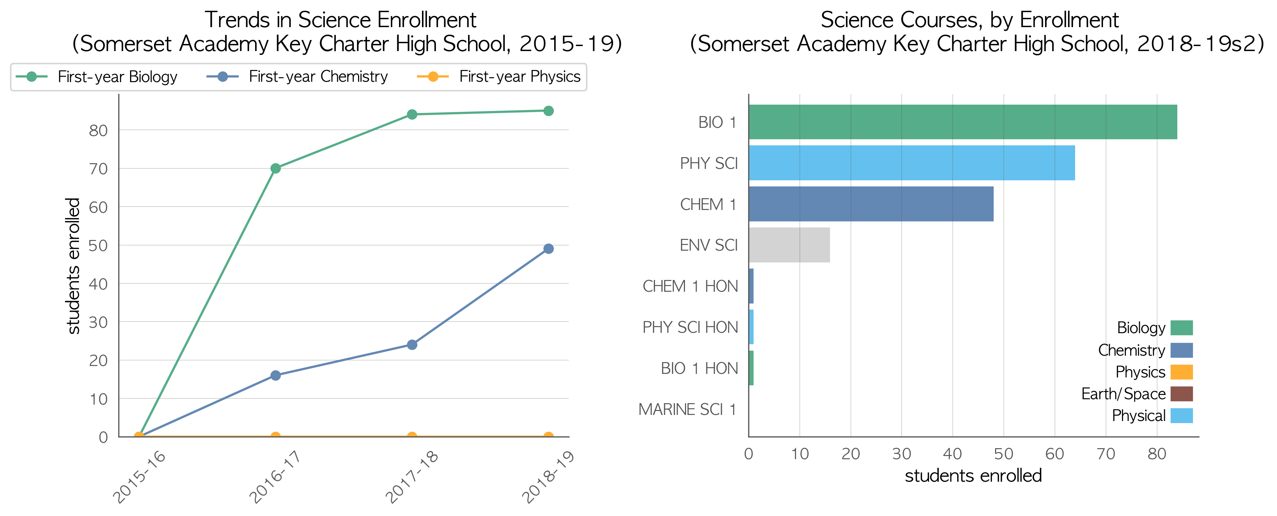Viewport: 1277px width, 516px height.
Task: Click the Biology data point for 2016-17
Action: pos(275,169)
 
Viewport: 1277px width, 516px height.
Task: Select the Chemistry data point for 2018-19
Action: pos(548,249)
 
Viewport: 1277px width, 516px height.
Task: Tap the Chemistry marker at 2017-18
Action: pos(412,345)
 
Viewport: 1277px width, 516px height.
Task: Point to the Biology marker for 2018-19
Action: pos(548,111)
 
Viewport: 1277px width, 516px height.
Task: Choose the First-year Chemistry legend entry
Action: pos(297,77)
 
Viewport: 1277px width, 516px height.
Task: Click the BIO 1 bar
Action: pos(963,122)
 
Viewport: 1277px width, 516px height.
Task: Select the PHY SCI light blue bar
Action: pos(911,163)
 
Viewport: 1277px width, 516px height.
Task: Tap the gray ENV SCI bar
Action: pos(789,245)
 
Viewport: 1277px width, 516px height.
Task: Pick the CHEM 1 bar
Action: pos(871,204)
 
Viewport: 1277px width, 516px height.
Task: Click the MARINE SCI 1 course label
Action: pos(687,410)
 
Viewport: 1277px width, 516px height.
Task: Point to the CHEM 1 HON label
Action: pos(690,286)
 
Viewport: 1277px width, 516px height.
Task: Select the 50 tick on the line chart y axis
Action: pos(98,245)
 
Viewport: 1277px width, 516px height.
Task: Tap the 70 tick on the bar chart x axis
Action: pos(1105,454)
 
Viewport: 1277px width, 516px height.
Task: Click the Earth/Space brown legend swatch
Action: pos(1181,394)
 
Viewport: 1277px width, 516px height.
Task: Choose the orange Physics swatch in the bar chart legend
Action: pos(1181,372)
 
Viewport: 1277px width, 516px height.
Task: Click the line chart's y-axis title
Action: pos(73,266)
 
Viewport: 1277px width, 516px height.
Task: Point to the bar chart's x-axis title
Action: pos(973,476)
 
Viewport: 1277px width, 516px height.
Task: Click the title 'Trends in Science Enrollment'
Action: pos(340,20)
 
